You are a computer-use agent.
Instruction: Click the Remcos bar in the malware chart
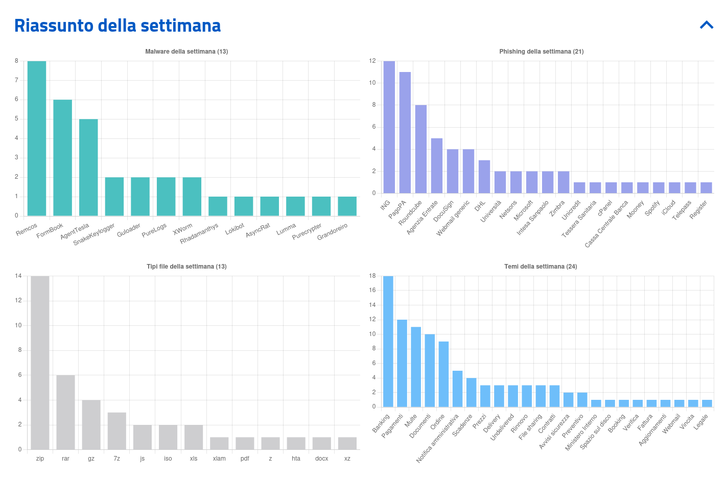pos(37,138)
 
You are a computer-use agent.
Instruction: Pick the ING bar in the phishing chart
pos(389,127)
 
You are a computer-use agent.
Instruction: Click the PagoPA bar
pos(405,132)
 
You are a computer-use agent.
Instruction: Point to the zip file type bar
pos(40,363)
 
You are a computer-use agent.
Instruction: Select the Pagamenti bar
pos(402,363)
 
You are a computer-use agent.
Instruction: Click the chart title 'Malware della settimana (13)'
pos(186,52)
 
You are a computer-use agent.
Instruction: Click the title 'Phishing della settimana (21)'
pos(541,52)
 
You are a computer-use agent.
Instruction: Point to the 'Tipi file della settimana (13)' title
pos(186,267)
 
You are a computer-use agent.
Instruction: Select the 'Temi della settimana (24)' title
pos(541,267)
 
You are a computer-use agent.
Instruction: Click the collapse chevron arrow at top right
pos(707,25)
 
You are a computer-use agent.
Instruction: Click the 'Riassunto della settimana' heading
pos(118,26)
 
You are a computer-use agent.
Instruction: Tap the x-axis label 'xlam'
pos(219,459)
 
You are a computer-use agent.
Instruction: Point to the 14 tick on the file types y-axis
pos(18,276)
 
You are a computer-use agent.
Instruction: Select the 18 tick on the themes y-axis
pos(372,276)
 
